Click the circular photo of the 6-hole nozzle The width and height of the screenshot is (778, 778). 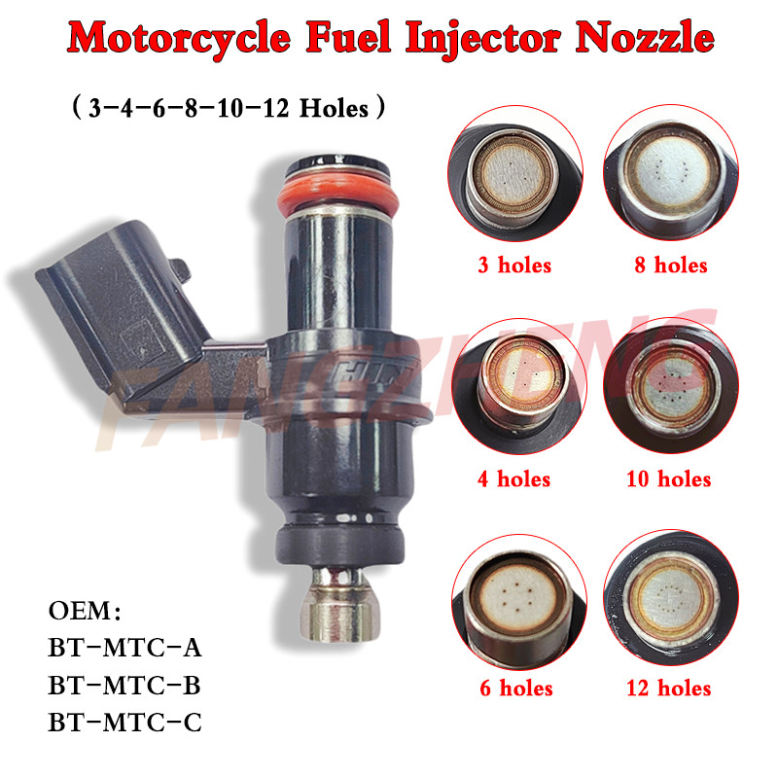515,603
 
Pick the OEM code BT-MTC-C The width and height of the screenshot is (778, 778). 124,723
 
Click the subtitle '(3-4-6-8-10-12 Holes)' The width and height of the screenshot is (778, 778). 230,107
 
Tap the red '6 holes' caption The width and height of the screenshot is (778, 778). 515,689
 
